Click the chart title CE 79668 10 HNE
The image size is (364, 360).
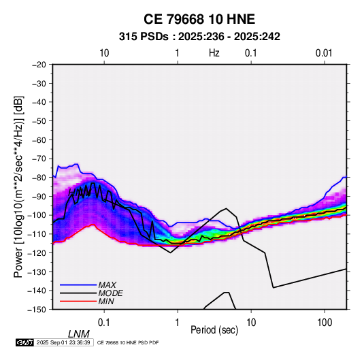pos(199,19)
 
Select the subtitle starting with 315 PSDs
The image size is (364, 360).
pos(199,37)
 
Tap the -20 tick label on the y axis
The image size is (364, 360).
pos(39,65)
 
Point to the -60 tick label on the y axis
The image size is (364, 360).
pos(39,140)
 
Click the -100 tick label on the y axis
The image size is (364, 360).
pos(37,215)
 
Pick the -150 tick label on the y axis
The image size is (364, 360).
pos(37,310)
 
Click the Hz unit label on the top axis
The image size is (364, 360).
pos(214,53)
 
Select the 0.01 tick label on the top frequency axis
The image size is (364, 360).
pos(324,53)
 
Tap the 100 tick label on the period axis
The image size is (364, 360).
pos(325,323)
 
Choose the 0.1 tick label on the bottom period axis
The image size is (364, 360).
pos(104,323)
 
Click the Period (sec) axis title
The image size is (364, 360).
pos(214,330)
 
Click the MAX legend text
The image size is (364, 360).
pos(107,284)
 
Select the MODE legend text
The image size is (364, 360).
pos(110,293)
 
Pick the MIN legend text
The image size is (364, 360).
pos(106,301)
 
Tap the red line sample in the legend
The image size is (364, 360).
pos(78,301)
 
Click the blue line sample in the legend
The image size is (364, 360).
pos(78,284)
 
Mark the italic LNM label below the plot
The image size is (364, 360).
pos(79,334)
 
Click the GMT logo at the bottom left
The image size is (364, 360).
pos(25,342)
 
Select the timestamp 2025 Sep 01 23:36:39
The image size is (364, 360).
pos(63,342)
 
